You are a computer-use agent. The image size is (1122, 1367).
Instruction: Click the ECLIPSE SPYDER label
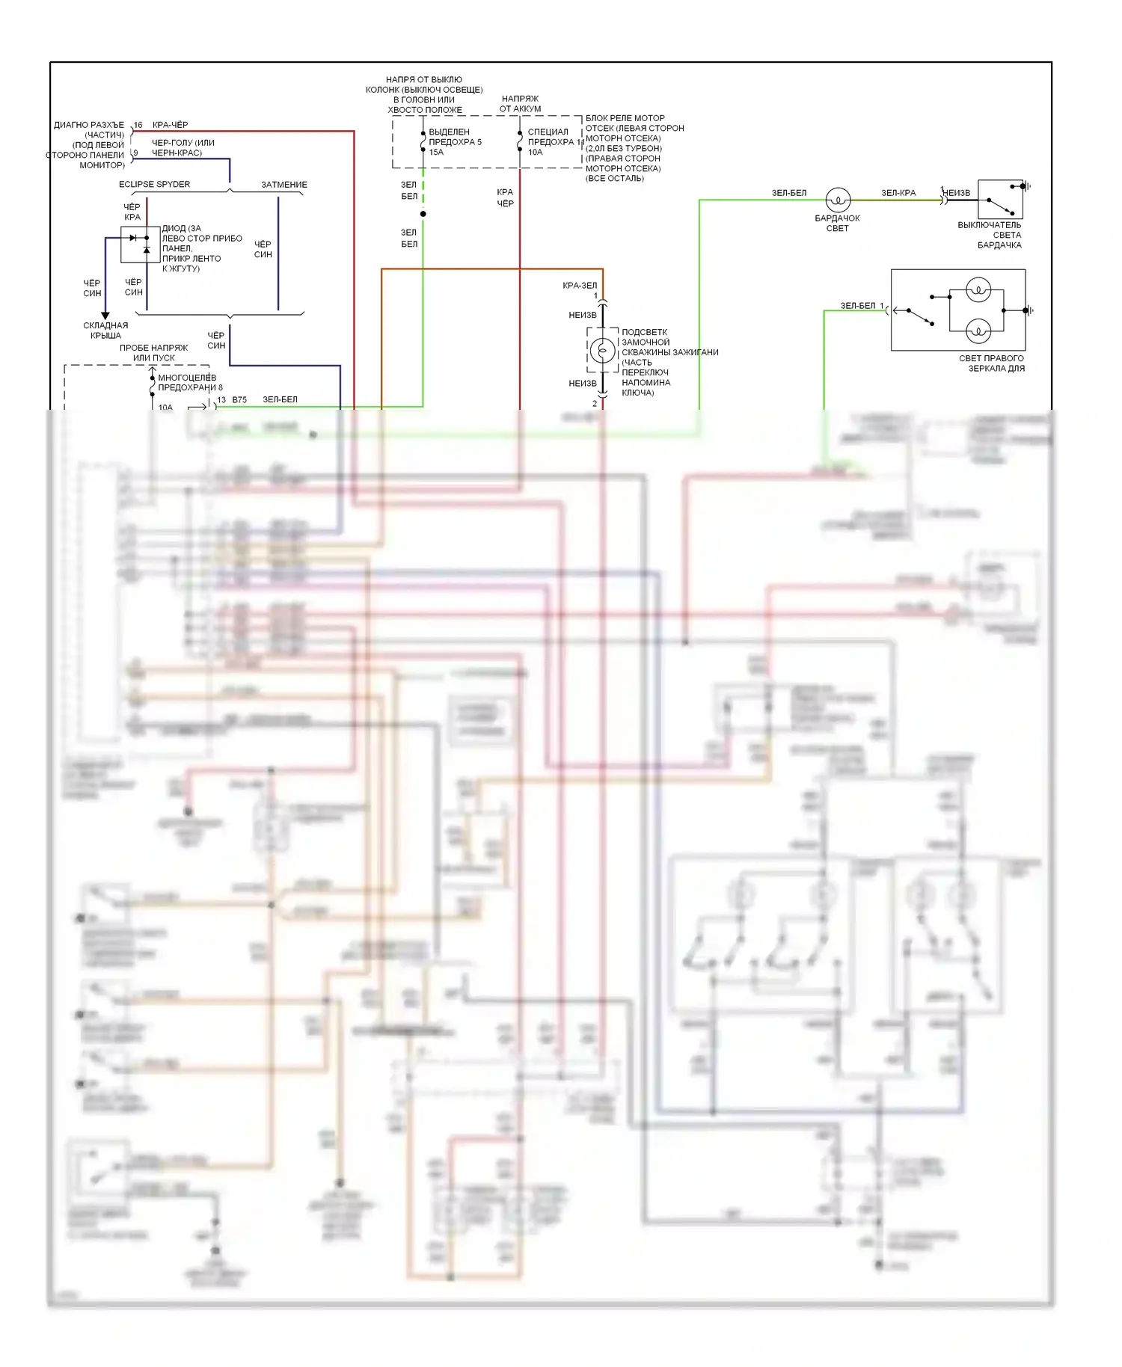click(154, 184)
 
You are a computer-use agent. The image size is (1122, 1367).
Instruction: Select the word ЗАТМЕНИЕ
click(284, 185)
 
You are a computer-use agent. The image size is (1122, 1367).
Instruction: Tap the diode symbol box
click(140, 244)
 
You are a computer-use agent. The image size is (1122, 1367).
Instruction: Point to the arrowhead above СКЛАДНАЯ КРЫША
click(105, 315)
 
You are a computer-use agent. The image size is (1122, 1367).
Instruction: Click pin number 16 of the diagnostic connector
click(138, 126)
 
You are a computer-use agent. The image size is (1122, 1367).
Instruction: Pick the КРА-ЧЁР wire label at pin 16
click(170, 125)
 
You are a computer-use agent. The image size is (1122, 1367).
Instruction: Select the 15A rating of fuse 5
click(436, 152)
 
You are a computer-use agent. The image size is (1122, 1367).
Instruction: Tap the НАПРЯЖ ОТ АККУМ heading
click(520, 103)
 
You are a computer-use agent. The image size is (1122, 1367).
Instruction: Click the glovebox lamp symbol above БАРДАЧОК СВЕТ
click(838, 200)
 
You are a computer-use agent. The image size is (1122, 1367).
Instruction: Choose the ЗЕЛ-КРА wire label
click(898, 193)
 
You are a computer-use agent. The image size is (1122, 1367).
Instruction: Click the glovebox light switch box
click(1000, 199)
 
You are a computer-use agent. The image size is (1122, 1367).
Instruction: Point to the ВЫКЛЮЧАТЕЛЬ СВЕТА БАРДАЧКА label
click(990, 235)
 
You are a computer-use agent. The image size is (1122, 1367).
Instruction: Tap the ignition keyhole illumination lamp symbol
click(602, 350)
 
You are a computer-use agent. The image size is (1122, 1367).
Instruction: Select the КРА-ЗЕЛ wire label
click(580, 285)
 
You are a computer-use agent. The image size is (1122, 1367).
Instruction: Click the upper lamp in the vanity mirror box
click(978, 290)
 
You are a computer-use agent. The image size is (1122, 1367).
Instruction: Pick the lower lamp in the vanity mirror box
click(978, 330)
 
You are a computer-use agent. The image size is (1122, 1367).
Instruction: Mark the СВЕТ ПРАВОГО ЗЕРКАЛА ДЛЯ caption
click(993, 363)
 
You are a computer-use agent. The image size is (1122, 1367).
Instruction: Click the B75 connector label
click(239, 400)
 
